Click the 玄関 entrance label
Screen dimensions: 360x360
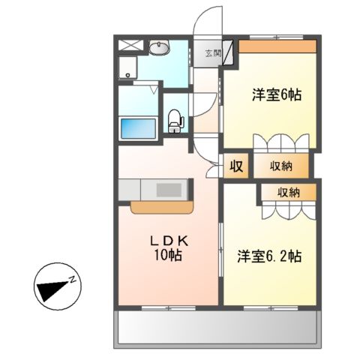click(x=212, y=53)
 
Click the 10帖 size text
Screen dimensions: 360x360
click(x=169, y=255)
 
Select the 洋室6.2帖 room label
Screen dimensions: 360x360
click(x=270, y=256)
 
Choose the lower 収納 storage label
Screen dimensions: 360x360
click(x=289, y=193)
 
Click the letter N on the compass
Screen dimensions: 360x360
click(x=73, y=280)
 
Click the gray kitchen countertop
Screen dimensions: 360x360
click(x=154, y=188)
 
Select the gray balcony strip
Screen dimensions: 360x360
click(x=217, y=327)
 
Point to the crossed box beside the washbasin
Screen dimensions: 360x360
click(x=129, y=45)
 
